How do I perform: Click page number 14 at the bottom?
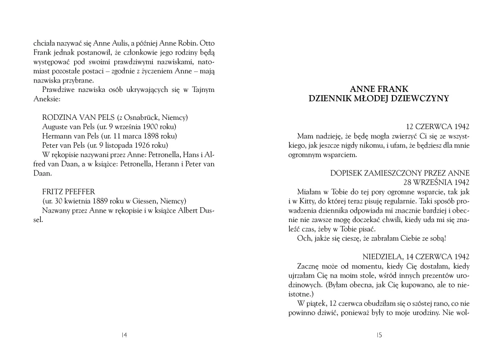(124, 335)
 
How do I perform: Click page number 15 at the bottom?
(379, 335)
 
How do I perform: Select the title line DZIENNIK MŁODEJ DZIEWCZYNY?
(379, 99)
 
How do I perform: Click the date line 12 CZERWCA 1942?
(438, 126)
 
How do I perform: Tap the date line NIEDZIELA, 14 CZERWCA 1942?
(416, 256)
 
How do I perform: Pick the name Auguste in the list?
(56, 126)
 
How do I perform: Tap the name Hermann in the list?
(57, 136)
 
